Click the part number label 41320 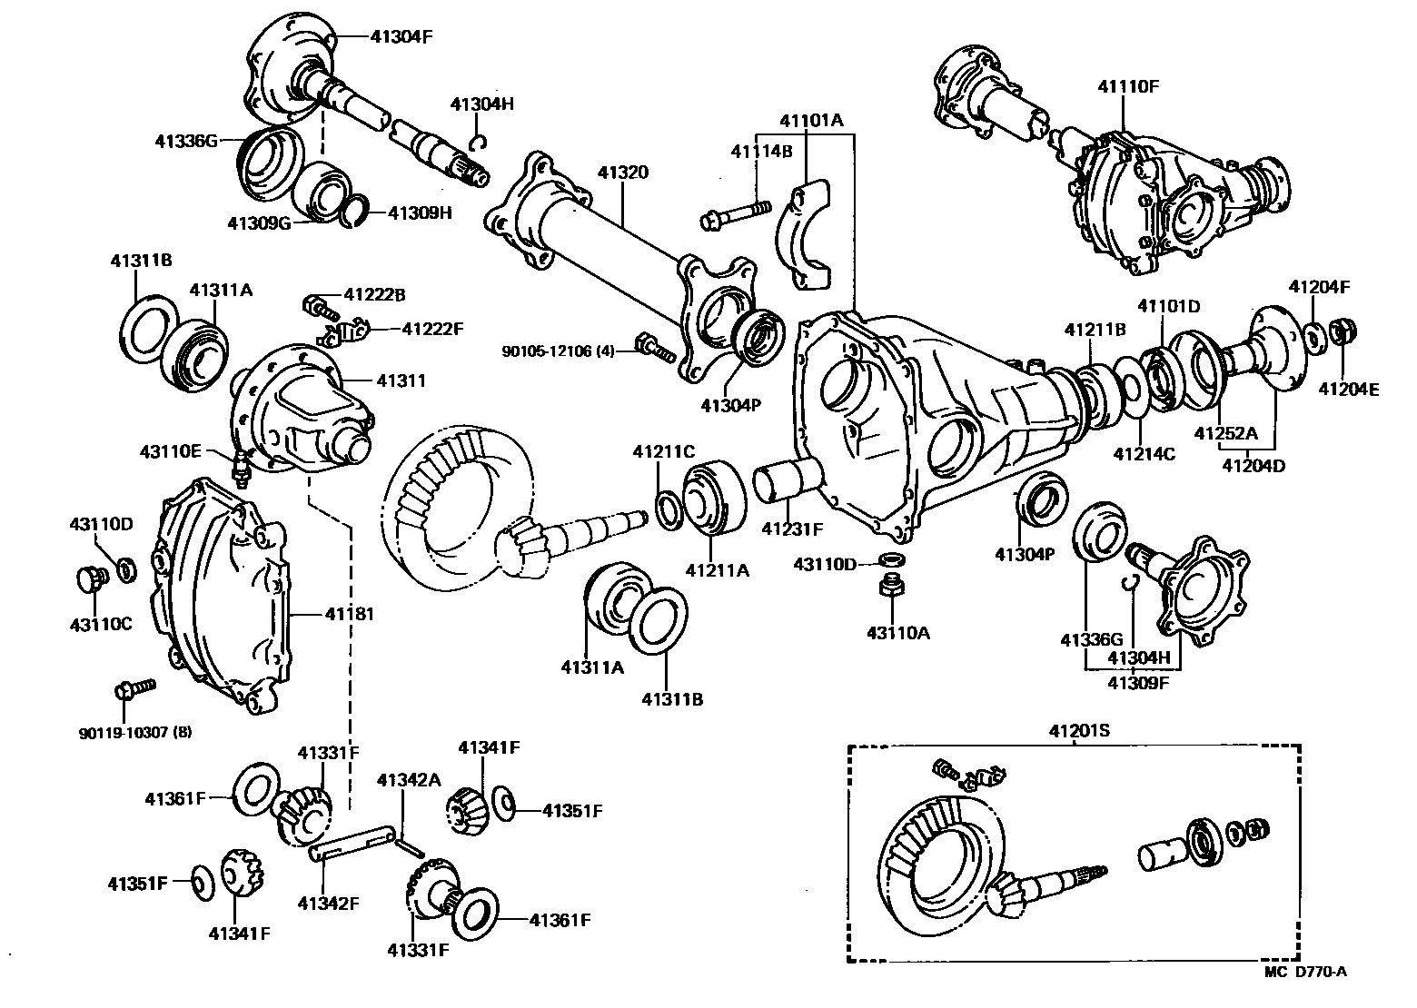[622, 172]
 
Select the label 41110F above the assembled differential [1128, 86]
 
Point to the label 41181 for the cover [350, 614]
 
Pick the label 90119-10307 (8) [135, 731]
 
